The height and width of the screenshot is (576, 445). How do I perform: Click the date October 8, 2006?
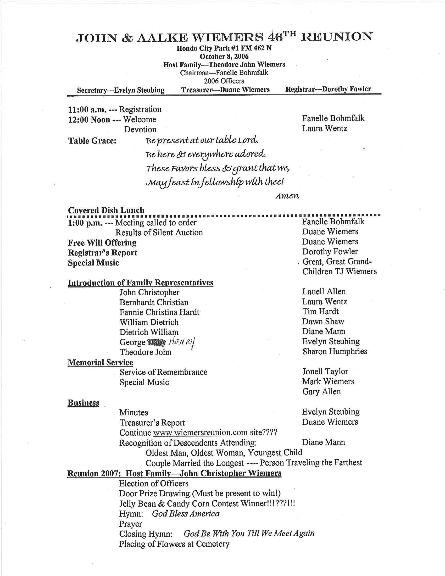(224, 57)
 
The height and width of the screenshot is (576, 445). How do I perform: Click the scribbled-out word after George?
(157, 342)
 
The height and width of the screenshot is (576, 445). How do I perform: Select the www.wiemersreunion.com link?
(200, 433)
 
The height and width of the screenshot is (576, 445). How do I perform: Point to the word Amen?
(287, 196)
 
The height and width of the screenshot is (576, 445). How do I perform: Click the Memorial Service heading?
(101, 362)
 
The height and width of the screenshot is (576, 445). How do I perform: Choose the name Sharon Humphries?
(335, 351)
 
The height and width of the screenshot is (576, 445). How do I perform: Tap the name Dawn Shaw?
(323, 322)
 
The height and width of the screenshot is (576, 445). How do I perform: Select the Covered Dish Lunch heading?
(106, 210)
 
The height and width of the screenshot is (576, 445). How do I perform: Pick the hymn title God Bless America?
(186, 514)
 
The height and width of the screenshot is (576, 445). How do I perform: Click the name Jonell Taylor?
(325, 372)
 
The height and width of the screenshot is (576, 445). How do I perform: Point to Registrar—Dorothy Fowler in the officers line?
(328, 89)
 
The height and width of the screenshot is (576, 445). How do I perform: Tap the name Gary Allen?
(321, 392)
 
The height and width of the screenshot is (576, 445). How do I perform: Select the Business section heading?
(83, 403)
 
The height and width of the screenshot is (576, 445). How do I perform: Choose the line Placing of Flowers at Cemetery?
(174, 544)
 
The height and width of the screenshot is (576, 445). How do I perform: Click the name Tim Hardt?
(320, 312)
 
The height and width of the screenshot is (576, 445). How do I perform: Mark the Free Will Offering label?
(102, 243)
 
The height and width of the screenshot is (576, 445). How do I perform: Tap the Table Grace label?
(92, 141)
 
